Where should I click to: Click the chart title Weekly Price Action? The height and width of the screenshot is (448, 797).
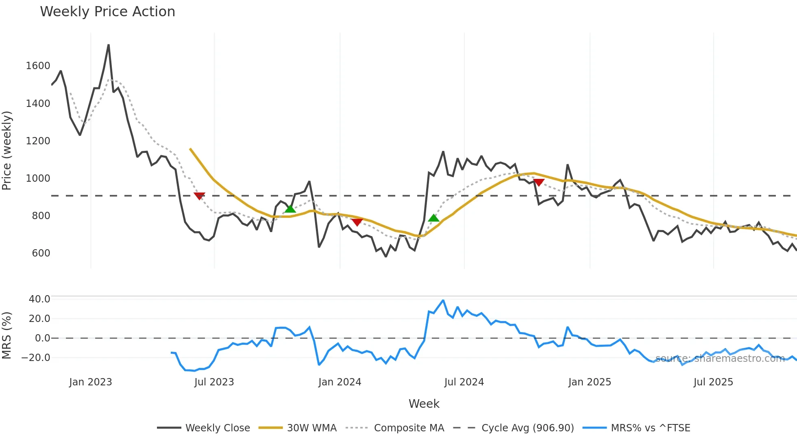tap(107, 12)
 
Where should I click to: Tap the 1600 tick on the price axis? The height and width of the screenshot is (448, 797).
tap(38, 66)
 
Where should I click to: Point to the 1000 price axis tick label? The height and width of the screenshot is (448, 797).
tap(38, 178)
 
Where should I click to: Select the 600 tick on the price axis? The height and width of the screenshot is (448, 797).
tap(41, 253)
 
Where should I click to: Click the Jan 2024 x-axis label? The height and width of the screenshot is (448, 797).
tap(340, 382)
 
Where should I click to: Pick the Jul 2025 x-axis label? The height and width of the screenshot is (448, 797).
tap(713, 382)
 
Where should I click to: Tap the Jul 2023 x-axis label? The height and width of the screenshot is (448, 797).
tap(214, 382)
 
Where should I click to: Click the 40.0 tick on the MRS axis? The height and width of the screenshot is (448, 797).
tap(39, 299)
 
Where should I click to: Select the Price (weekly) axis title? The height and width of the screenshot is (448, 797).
tap(7, 150)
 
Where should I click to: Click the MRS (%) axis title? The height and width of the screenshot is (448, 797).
tap(7, 335)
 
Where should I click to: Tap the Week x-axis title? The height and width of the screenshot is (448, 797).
tap(424, 404)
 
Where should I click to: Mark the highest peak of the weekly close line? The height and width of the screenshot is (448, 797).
tap(109, 45)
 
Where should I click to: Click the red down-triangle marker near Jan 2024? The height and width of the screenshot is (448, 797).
tap(357, 222)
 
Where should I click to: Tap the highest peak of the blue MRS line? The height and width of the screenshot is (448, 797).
tap(443, 300)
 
